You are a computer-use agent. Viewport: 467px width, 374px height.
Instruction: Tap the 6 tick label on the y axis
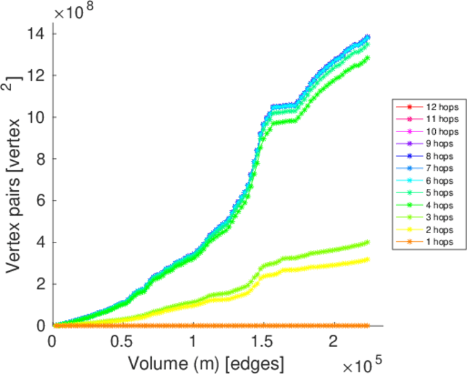pyautogui.click(x=39, y=201)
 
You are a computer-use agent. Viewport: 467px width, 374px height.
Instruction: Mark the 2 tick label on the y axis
pyautogui.click(x=39, y=284)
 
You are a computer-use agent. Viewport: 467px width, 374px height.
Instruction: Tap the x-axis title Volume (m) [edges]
pyautogui.click(x=208, y=362)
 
